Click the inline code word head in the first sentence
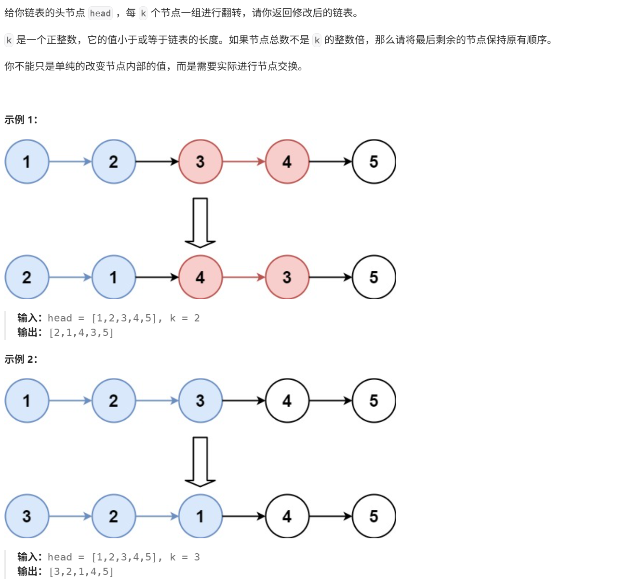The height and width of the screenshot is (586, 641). click(x=100, y=13)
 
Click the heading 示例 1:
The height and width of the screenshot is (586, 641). click(x=21, y=120)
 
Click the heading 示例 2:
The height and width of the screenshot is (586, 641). click(x=21, y=360)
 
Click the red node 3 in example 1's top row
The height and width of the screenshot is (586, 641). click(x=200, y=161)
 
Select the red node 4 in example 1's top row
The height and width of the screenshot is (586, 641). click(x=287, y=161)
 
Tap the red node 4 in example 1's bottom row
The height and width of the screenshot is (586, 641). click(x=200, y=277)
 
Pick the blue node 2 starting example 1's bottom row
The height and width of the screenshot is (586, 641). click(x=27, y=277)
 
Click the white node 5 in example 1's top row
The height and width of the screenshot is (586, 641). click(x=374, y=161)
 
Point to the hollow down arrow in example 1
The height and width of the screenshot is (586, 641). click(x=200, y=222)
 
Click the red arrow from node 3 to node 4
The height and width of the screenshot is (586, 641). click(x=243, y=161)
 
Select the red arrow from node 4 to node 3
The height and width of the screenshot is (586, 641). click(x=243, y=277)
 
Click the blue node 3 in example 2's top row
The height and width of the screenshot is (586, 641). click(x=200, y=400)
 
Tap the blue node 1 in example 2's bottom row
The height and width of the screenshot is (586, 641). click(x=200, y=516)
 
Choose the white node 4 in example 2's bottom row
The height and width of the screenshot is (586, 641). click(x=287, y=516)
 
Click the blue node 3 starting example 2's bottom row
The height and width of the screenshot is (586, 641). click(x=27, y=516)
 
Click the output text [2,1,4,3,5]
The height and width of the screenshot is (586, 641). click(x=81, y=333)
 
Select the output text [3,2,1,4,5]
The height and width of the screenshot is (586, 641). click(x=81, y=572)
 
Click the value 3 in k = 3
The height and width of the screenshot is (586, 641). click(x=197, y=557)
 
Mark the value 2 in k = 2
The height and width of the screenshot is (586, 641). click(x=197, y=318)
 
